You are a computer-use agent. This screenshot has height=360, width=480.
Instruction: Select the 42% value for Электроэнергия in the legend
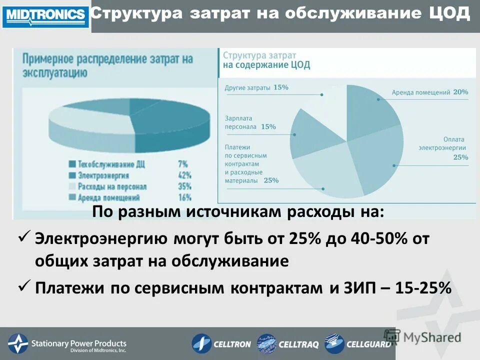[184, 175]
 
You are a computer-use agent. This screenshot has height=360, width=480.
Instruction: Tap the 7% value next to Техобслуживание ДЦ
[183, 164]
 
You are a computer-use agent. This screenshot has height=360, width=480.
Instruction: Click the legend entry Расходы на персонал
[112, 186]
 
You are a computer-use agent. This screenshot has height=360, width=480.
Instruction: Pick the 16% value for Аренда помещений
[184, 197]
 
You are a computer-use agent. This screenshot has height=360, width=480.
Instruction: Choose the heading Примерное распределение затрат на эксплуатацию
[107, 65]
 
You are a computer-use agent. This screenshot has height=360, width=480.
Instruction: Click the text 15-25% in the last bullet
[423, 288]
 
